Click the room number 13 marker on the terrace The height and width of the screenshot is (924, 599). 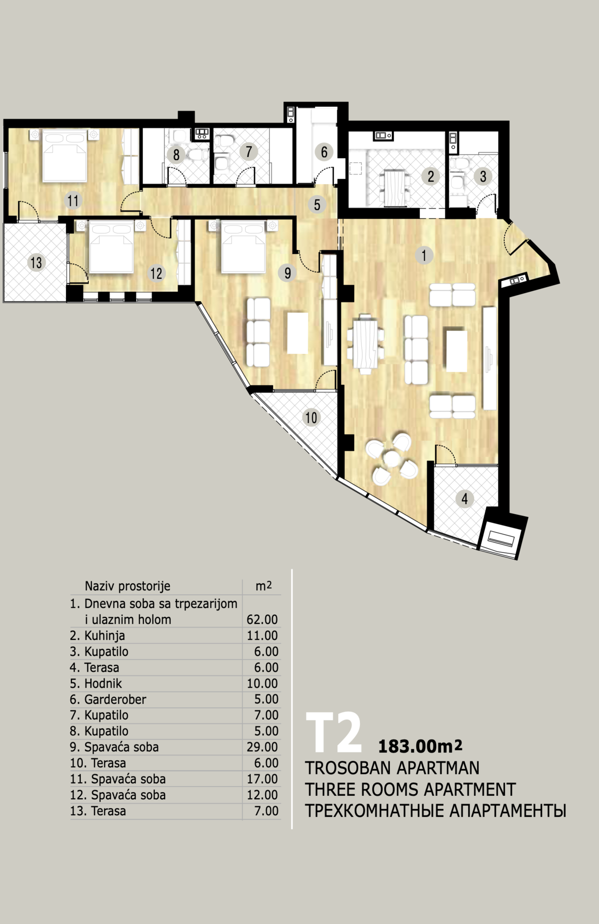36,262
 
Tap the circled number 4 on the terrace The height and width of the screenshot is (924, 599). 465,498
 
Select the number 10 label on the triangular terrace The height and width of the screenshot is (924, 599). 311,417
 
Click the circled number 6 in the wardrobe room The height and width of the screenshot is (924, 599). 324,152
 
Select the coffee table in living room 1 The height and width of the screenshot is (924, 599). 457,349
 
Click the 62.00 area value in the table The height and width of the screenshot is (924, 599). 262,619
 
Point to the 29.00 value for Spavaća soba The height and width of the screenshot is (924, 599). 262,747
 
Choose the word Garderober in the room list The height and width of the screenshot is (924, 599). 115,699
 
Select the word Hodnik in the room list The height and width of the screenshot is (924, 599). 103,683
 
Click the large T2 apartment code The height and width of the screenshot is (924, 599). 333,734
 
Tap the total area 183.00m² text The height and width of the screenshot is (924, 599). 420,745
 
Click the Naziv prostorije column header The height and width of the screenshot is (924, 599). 128,586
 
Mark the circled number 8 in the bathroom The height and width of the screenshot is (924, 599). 176,155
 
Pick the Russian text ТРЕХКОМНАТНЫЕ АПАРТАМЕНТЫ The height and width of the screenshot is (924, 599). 436,811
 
